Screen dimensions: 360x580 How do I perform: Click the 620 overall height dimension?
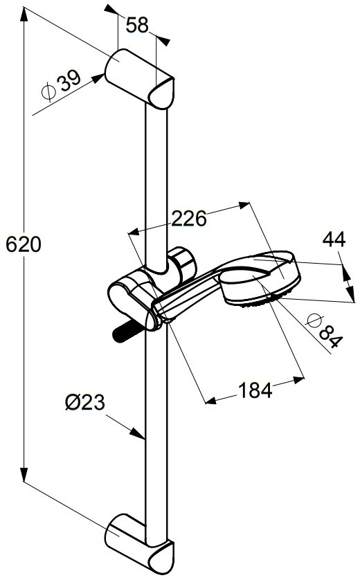click(x=24, y=244)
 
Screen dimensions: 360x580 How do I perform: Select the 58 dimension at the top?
click(x=137, y=25)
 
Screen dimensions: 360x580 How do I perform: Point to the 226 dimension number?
click(x=189, y=219)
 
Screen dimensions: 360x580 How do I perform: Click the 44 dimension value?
click(x=334, y=239)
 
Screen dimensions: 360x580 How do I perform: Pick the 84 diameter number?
click(x=330, y=336)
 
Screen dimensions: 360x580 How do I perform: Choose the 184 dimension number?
click(x=255, y=390)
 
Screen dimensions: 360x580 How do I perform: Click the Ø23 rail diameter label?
click(x=84, y=402)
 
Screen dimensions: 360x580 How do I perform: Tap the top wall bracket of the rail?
click(x=139, y=78)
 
